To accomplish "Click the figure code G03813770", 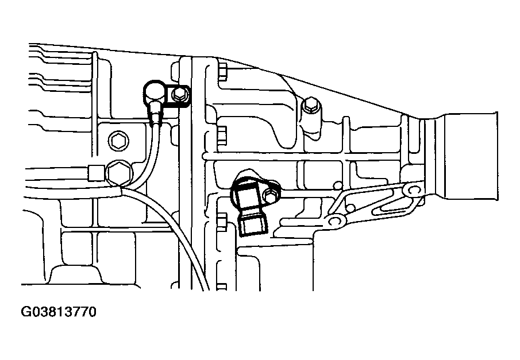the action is [59, 312].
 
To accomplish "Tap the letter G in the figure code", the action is [25, 312].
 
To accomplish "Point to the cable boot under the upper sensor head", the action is [156, 113].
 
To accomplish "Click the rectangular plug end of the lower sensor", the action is [254, 224].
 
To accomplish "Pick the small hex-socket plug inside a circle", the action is [118, 142].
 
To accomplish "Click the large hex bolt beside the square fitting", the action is [119, 172].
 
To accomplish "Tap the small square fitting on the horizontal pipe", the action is [96, 173].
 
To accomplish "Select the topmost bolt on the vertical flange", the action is [222, 72].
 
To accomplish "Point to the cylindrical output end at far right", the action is [468, 156].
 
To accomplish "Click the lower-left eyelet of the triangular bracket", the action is [335, 221].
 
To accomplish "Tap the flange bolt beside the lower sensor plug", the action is [222, 222].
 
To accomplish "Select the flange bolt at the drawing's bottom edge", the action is [222, 287].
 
